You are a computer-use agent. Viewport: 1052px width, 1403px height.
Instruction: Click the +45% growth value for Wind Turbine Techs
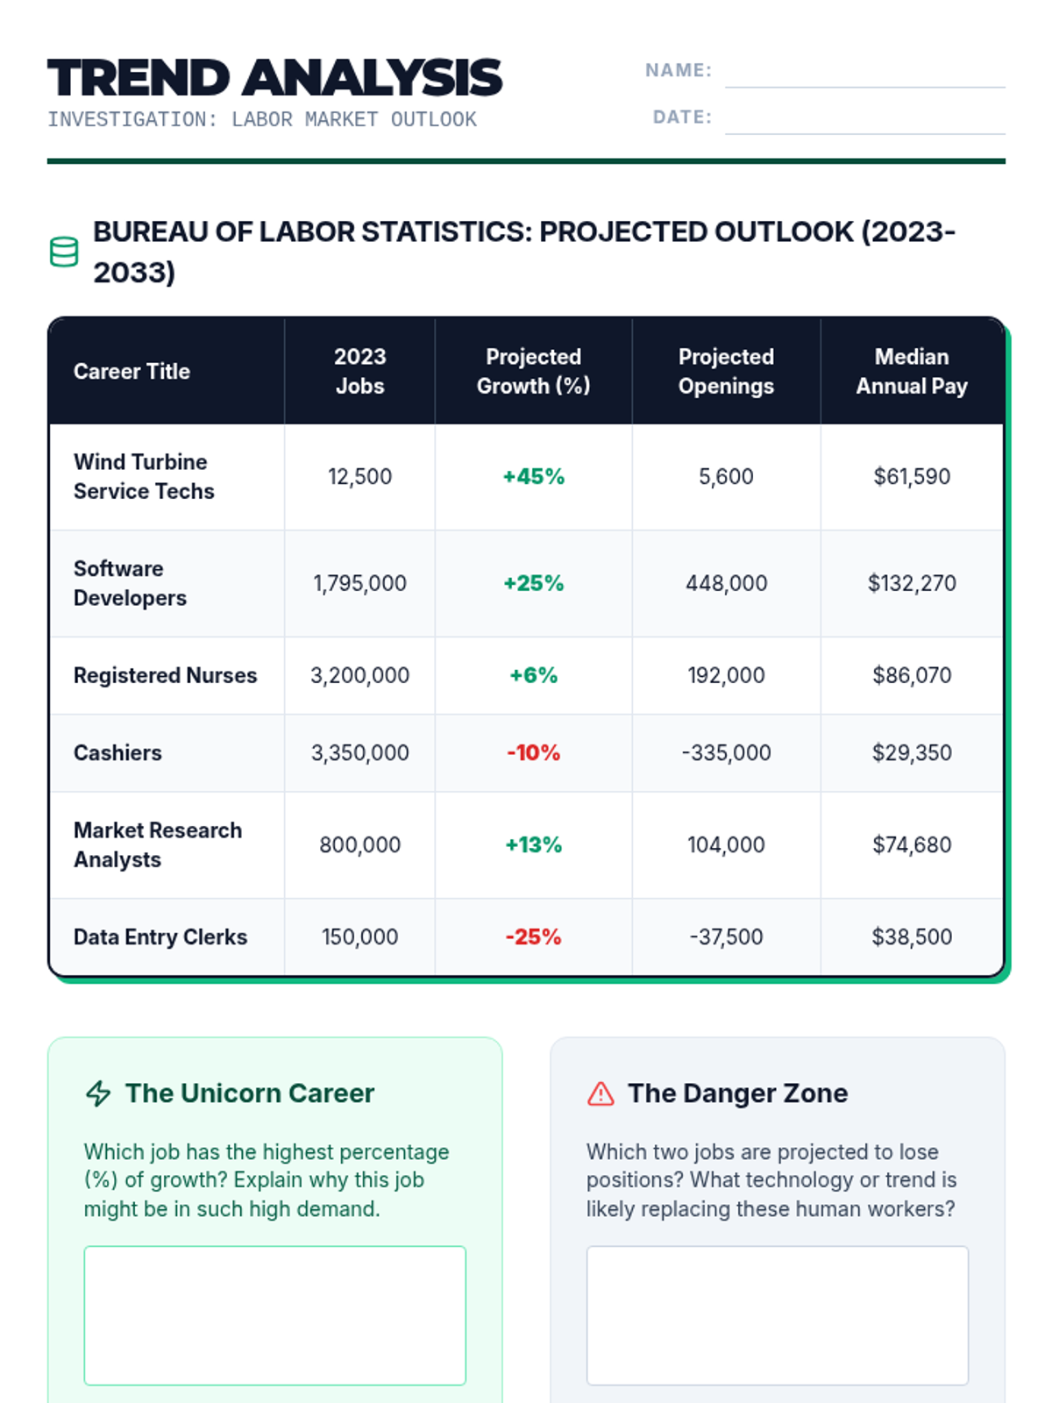click(533, 477)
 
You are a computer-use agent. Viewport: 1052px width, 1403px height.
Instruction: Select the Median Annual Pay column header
click(911, 371)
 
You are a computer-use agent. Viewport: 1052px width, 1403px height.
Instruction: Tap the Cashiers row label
click(117, 753)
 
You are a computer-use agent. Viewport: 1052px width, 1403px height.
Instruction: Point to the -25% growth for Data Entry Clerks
click(533, 937)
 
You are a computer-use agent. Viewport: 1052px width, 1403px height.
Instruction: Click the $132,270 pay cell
click(911, 584)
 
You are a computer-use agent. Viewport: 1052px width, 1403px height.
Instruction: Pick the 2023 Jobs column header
click(359, 371)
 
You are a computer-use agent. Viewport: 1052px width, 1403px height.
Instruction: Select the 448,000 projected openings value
click(726, 584)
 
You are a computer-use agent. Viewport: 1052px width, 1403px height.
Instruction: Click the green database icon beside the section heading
click(64, 252)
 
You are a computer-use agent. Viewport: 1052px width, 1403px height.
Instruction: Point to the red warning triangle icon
click(601, 1093)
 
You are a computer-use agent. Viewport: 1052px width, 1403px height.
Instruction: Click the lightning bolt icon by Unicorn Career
click(98, 1093)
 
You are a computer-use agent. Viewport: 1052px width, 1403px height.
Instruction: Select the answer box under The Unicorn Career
click(274, 1315)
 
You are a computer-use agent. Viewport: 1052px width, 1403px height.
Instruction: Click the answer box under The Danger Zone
click(777, 1315)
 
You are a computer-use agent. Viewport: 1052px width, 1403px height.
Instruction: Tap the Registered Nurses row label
click(165, 676)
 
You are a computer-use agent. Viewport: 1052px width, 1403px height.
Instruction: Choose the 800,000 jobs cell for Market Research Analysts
click(359, 845)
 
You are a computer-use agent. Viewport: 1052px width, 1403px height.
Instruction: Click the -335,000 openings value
click(726, 753)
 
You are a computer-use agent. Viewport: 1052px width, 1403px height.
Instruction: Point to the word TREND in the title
click(139, 78)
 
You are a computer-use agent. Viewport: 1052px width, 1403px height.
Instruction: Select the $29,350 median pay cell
click(911, 753)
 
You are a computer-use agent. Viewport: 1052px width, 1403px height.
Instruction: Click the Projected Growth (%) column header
click(533, 371)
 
